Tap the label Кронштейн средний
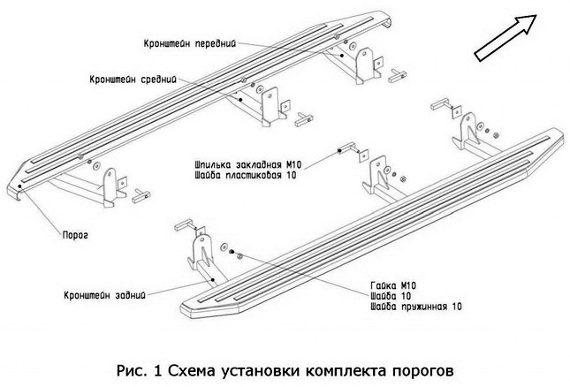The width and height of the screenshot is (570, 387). (x=128, y=78)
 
